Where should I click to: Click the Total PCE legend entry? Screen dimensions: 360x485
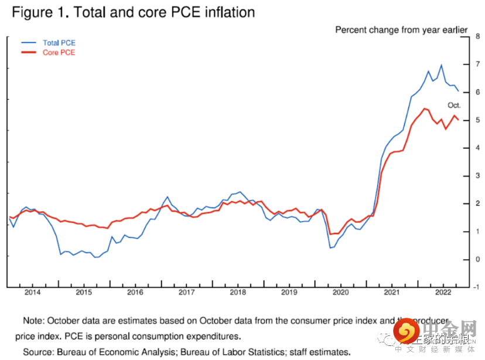point(59,43)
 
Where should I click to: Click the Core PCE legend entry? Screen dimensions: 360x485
point(59,53)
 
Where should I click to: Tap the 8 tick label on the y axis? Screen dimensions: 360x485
point(478,36)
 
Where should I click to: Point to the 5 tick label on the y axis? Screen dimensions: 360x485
point(478,120)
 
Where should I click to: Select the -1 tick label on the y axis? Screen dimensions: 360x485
point(477,287)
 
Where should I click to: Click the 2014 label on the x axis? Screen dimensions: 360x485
point(32,292)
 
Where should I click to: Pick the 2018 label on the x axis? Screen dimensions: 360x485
point(238,292)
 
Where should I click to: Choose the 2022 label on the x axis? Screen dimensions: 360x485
point(443,292)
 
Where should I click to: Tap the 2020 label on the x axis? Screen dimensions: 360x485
point(340,292)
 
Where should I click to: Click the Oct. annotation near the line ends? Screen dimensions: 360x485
point(455,106)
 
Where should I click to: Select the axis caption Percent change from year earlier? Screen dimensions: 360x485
point(401,29)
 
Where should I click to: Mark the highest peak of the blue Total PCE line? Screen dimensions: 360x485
point(441,65)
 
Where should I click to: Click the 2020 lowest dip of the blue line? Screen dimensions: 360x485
point(331,247)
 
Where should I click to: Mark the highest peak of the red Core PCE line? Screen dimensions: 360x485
point(424,108)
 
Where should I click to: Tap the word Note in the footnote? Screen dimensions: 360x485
point(34,321)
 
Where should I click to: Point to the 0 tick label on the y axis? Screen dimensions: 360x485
point(478,260)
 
